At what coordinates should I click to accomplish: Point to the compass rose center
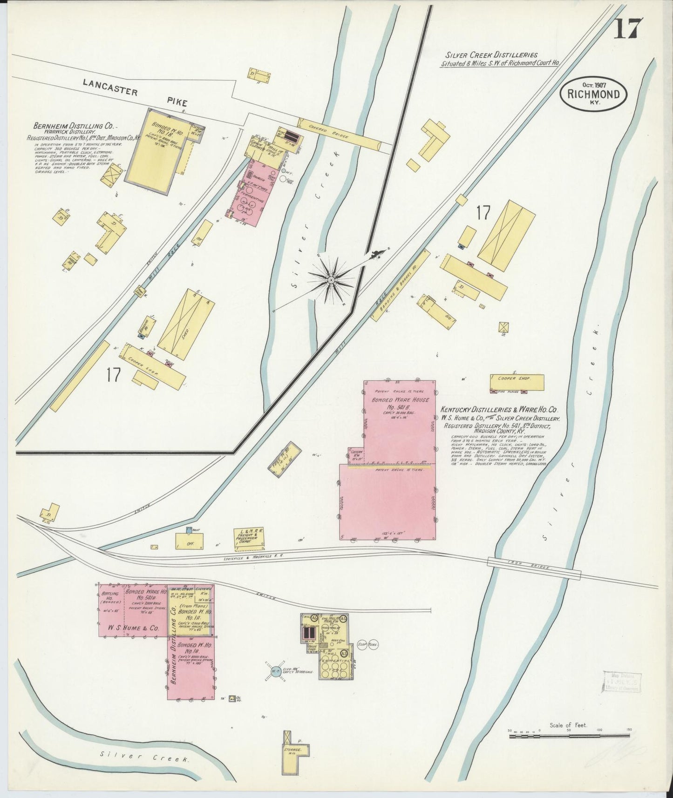click(330, 280)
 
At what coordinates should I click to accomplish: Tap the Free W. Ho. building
click(282, 457)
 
